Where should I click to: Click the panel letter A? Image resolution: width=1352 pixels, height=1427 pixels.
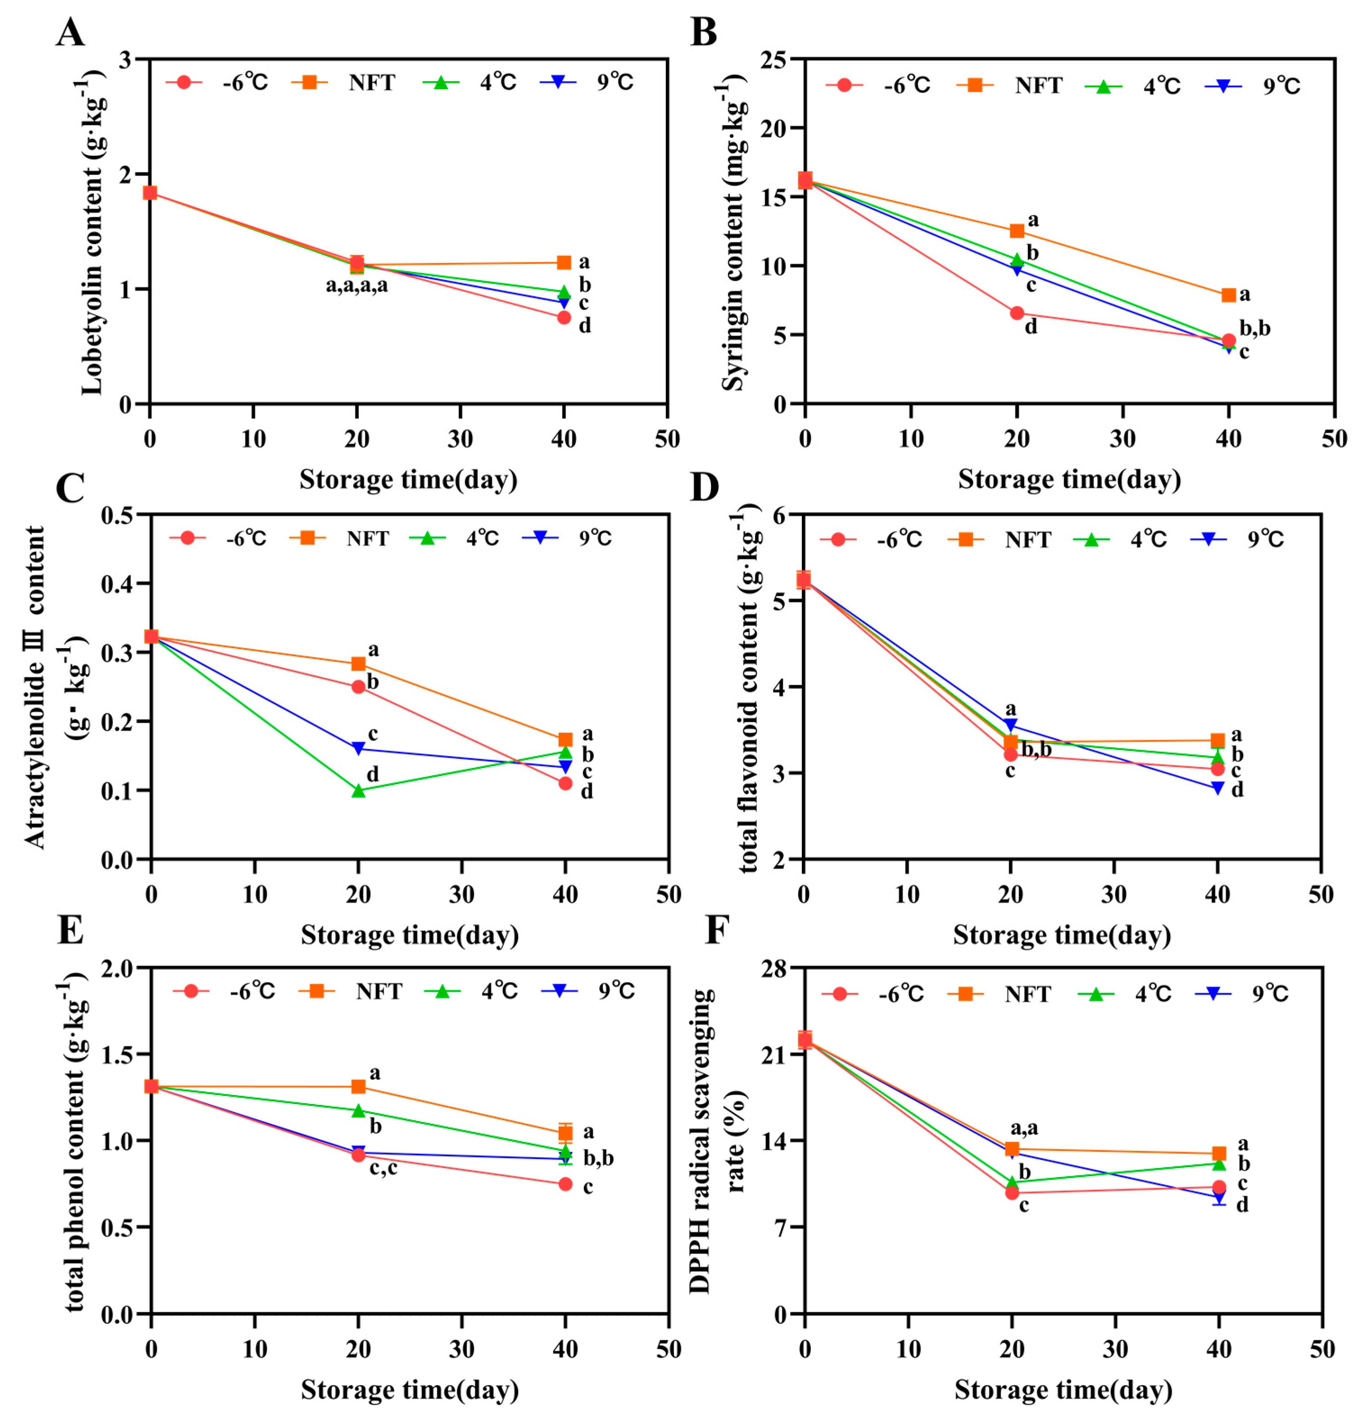click(70, 32)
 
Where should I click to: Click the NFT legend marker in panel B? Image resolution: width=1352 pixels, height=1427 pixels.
click(974, 85)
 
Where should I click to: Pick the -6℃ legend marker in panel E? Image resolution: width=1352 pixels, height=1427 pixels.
click(191, 991)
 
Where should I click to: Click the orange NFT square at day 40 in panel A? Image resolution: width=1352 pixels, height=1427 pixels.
click(564, 263)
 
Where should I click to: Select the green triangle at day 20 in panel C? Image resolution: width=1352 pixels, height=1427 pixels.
click(358, 790)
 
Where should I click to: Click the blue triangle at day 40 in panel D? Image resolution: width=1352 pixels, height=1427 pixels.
click(1218, 789)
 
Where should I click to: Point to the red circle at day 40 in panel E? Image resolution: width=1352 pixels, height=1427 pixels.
click(565, 1184)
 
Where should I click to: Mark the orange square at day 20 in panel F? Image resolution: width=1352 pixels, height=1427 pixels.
click(1012, 1150)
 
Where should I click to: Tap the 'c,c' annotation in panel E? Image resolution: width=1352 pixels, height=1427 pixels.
click(384, 1168)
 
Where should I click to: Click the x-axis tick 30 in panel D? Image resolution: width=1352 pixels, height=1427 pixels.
click(1114, 895)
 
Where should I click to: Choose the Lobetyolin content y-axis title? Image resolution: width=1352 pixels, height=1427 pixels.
click(92, 231)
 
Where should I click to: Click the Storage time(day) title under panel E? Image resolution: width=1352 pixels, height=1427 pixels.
click(409, 1390)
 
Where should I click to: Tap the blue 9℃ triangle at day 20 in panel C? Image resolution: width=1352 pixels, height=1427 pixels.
click(358, 749)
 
